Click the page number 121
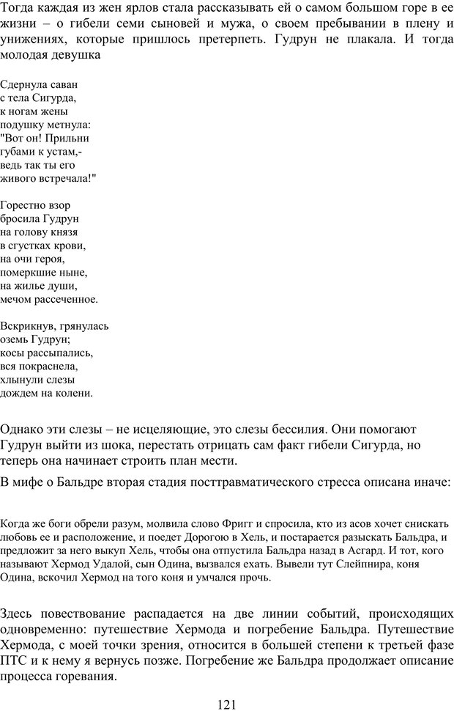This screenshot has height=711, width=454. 227,704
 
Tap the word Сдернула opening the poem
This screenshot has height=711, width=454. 23,84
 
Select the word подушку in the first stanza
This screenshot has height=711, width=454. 21,125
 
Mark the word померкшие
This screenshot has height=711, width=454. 30,273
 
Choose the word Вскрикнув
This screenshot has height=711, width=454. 26,326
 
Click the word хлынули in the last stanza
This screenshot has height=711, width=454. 21,380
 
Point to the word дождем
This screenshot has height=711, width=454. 21,393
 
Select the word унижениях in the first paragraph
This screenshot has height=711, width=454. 37,37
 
